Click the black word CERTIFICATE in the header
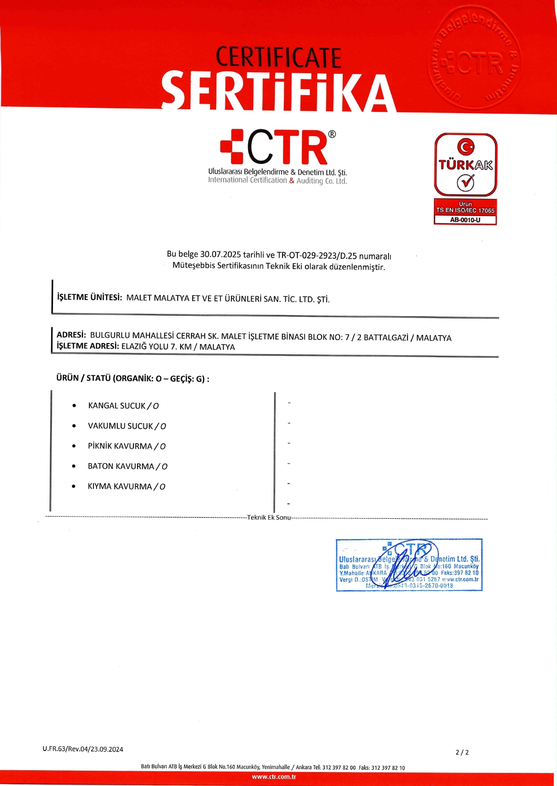[278, 57]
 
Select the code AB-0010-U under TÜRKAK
[465, 220]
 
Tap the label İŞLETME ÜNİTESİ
[89, 297]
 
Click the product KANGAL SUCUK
[117, 406]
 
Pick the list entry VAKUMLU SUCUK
[120, 426]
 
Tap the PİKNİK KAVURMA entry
[120, 446]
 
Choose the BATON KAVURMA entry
[121, 466]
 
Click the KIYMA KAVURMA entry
[119, 486]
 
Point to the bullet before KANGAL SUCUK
[74, 406]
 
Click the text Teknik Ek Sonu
[269, 517]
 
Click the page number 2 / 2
[462, 752]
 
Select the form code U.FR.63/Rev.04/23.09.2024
[83, 749]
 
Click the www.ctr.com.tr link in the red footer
[274, 777]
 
